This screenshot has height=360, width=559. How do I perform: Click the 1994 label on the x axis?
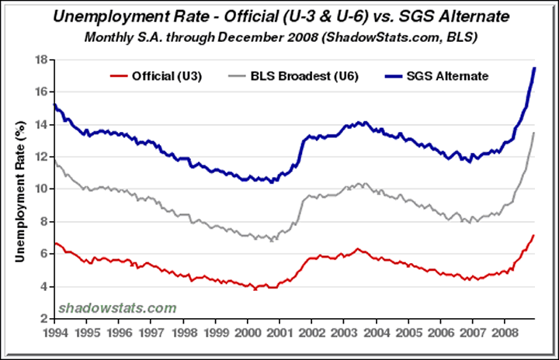tap(54, 332)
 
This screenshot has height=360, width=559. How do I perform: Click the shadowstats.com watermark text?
tap(117, 308)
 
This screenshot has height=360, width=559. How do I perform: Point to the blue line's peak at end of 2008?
tap(534, 68)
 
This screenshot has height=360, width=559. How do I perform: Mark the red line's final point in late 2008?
tap(534, 235)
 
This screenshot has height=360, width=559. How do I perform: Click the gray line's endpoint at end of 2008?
tap(534, 133)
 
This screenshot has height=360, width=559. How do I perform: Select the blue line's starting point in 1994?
tap(54, 104)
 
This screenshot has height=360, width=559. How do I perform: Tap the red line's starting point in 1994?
tap(54, 243)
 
